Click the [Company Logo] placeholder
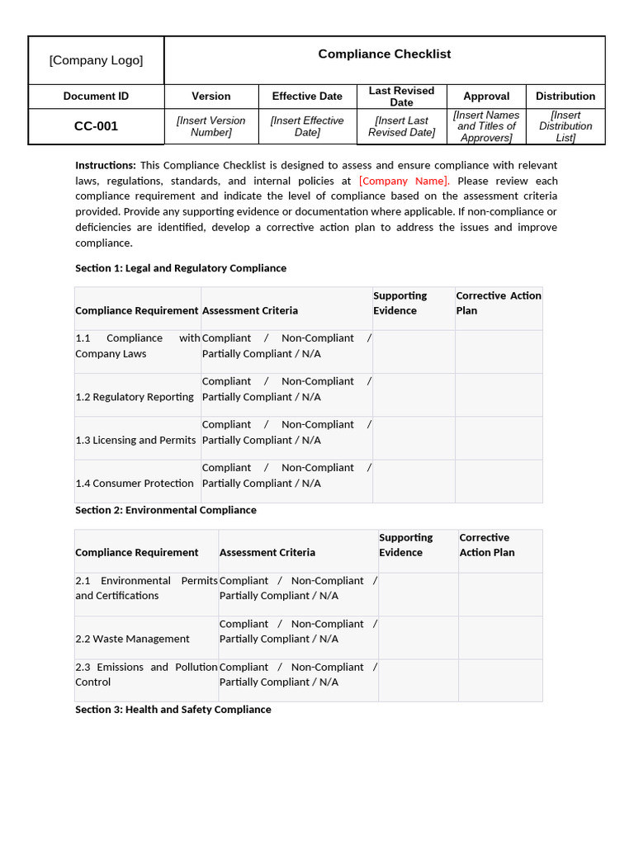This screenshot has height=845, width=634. coord(96,60)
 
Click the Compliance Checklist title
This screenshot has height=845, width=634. coord(385,54)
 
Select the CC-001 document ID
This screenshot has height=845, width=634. coord(96,126)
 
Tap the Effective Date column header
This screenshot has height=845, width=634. coord(307,97)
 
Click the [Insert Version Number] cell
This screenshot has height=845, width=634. coord(211,126)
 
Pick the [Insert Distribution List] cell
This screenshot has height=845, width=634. coord(565,126)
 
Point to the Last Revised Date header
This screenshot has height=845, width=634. coord(401,97)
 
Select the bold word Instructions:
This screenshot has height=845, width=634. coord(106,165)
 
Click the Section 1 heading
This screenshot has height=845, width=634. coord(181,268)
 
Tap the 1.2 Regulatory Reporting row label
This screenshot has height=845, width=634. coord(135,397)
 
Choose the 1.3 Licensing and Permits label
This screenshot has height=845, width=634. coord(135,440)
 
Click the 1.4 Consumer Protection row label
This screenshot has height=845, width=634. coord(135,484)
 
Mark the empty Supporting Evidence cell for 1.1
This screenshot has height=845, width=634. coord(414,352)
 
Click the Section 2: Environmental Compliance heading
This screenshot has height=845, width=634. coord(166,510)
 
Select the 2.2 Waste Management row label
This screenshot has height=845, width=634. coord(132,639)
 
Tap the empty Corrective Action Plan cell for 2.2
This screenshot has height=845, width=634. coord(500,637)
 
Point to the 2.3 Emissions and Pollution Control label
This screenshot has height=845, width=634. coord(146,674)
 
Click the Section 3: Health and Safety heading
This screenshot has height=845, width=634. coord(173,710)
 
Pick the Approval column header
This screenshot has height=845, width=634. coord(486,97)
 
